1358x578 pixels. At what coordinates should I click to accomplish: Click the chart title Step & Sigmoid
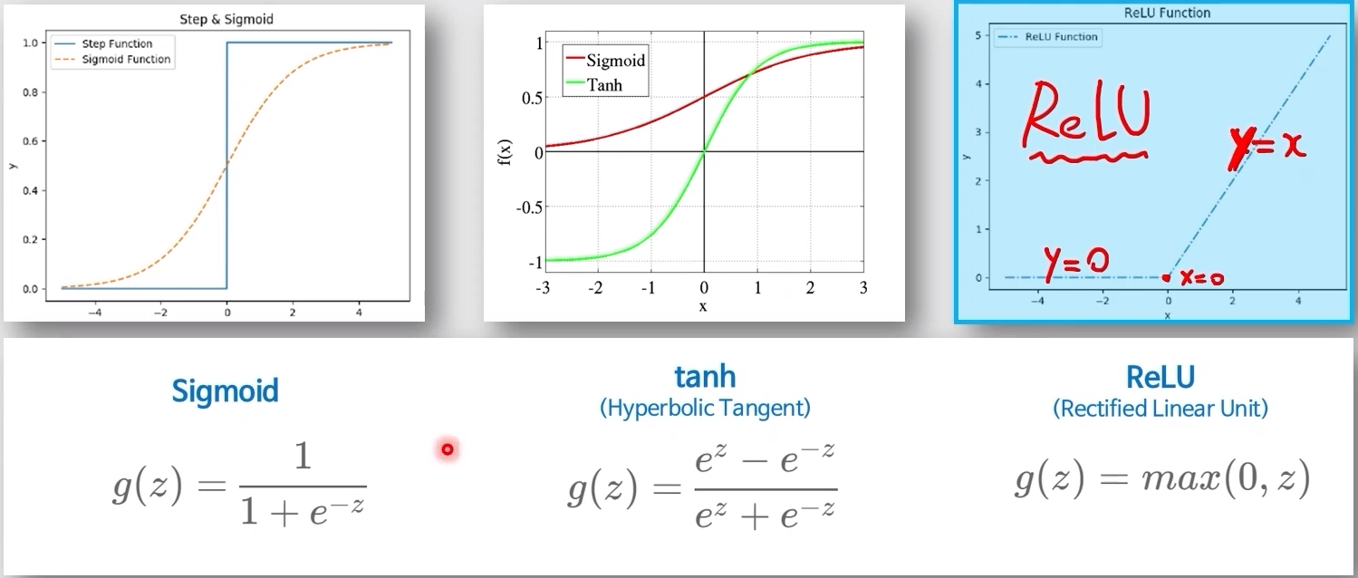point(226,19)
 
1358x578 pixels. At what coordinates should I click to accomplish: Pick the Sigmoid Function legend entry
point(112,60)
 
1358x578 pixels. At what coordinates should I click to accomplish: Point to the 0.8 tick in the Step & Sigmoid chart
point(30,92)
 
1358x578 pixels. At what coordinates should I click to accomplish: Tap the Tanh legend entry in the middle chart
point(594,84)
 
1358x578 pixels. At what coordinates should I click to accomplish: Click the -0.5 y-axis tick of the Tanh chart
point(529,207)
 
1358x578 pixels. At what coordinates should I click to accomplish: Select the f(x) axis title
point(505,152)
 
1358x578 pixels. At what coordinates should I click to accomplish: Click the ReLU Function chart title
point(1167,13)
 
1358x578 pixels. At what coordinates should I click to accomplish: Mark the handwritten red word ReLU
point(1086,120)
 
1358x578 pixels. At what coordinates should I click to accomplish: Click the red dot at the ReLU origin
point(1166,278)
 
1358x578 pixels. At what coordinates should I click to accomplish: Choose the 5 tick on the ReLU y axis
point(978,35)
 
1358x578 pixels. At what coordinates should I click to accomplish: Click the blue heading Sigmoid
point(225,390)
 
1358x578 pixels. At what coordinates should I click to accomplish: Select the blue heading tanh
point(705,377)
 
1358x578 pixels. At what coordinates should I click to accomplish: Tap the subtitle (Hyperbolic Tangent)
point(705,408)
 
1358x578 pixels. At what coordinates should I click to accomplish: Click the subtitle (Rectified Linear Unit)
point(1161,409)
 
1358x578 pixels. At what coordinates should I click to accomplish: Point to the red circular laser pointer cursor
point(448,449)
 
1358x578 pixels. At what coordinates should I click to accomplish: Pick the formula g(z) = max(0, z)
point(1163,479)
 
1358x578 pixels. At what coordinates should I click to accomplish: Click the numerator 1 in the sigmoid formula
point(303,456)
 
